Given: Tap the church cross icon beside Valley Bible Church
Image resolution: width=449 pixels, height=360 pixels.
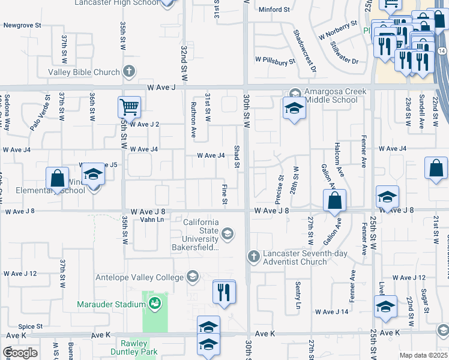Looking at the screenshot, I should coord(128,72).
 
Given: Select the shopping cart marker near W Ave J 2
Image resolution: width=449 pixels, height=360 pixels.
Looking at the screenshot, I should coord(129,109).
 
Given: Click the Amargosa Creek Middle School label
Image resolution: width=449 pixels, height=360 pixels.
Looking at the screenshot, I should coord(327,95).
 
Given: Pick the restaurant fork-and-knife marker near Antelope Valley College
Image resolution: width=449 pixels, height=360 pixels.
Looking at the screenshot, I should coord(224,293).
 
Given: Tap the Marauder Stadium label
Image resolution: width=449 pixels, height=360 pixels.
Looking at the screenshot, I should coord(111,304).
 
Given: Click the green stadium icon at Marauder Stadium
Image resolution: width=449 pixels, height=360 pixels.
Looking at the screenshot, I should coord(155,304).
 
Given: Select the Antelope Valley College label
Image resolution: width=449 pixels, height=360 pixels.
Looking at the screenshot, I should coord(139,277).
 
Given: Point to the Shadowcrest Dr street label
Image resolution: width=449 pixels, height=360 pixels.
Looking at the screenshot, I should coord(304,52).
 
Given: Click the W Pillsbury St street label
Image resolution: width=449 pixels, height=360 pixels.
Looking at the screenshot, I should coord(276,61).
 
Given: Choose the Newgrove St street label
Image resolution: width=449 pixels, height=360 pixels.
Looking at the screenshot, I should coord(22,26).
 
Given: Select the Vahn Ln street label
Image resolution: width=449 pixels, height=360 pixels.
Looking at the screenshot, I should coord(152,220).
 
